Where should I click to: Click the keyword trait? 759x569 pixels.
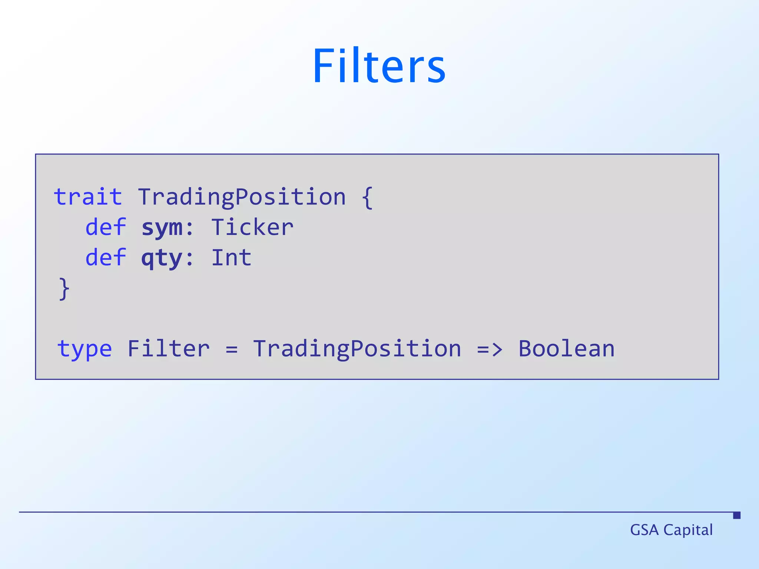[88, 197]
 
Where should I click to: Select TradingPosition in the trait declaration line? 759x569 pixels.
[242, 197]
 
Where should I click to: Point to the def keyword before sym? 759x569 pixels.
[106, 227]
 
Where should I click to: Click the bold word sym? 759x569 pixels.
[162, 228]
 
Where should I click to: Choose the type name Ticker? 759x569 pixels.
[252, 227]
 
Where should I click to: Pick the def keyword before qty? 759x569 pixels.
[106, 257]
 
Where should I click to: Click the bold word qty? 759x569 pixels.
[162, 258]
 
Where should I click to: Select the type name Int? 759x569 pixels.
[231, 257]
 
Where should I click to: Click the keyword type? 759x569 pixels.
[84, 349]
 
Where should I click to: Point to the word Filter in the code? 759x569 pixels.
[169, 349]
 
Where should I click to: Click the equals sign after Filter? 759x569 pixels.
[232, 349]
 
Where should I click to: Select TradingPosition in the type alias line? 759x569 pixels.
[357, 349]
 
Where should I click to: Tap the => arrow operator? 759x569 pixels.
[490, 349]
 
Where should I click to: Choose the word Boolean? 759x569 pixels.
[566, 349]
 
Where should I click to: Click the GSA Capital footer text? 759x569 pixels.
[671, 530]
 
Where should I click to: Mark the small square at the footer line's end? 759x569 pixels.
[737, 515]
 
